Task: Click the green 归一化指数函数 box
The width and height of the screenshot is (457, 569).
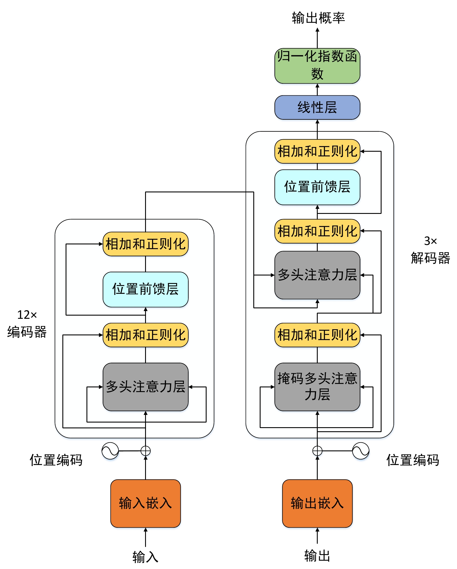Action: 317,66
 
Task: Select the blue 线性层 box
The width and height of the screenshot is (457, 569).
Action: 317,107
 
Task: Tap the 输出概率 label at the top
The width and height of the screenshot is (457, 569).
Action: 318,18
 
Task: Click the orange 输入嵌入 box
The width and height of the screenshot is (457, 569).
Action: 145,503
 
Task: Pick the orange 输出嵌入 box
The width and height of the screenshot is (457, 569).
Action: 317,503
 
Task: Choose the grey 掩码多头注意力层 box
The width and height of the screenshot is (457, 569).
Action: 317,387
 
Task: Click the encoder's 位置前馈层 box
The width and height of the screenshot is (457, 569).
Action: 145,289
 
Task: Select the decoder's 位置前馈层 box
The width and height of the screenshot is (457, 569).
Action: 317,187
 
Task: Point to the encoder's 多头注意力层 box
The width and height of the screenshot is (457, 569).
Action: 145,387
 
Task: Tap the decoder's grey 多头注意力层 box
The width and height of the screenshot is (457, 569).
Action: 317,275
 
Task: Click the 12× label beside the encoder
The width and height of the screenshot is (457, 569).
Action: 27,315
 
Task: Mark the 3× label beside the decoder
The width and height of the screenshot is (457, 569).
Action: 430,241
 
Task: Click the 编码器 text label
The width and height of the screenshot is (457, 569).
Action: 27,332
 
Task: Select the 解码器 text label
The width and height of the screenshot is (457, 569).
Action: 430,258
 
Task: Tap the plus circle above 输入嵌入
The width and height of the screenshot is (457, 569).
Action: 145,451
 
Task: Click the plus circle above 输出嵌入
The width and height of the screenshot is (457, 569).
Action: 317,451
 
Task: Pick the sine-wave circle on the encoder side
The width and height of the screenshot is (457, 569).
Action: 110,451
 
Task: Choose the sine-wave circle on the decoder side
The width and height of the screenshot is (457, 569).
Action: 361,451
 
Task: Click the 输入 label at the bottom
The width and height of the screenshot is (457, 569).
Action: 145,557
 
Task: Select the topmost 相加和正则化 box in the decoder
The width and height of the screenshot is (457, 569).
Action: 317,151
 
